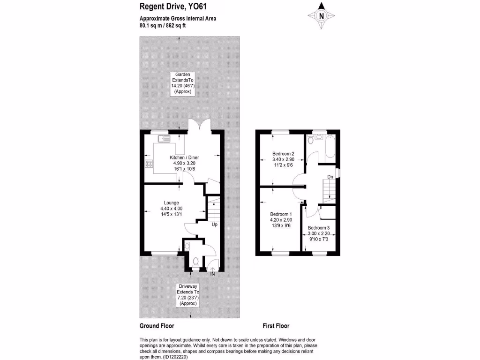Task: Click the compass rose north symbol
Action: (322, 15)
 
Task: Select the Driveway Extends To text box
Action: (187, 294)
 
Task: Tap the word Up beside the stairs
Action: (214, 225)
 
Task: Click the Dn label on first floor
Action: (330, 177)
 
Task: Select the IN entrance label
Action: (212, 273)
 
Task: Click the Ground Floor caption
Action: (157, 326)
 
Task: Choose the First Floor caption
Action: (276, 326)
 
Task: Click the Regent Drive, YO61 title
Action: (167, 7)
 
